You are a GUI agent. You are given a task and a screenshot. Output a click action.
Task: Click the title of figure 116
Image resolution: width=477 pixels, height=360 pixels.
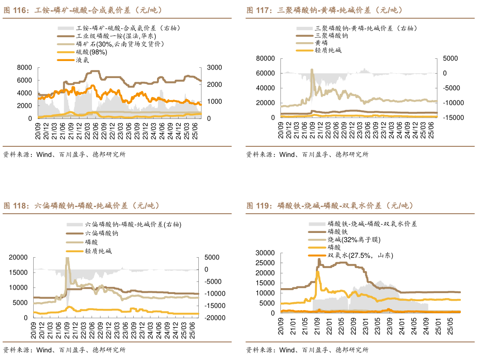click(x=83, y=10)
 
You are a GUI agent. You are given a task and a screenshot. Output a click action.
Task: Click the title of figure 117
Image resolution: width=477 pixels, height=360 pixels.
click(x=324, y=10)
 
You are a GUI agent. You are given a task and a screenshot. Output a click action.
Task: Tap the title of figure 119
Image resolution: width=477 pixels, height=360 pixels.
click(x=330, y=206)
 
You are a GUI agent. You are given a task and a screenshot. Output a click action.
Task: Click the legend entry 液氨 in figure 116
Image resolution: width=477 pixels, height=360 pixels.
click(x=85, y=59)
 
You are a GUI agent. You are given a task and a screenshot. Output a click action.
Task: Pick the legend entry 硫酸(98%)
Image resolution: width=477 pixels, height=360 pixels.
click(x=92, y=52)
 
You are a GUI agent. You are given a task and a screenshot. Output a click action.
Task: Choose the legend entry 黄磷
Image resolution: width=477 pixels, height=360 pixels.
click(x=321, y=43)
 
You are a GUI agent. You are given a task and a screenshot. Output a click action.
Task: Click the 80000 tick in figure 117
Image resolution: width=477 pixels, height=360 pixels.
click(x=265, y=58)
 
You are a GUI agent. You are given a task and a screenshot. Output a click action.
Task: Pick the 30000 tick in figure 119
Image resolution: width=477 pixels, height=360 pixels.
click(x=265, y=253)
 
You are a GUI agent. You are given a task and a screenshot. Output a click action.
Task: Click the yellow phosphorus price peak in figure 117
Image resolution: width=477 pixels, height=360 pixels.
click(x=312, y=70)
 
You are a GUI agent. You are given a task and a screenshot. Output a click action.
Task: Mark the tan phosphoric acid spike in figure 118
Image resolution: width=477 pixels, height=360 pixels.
click(x=67, y=259)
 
